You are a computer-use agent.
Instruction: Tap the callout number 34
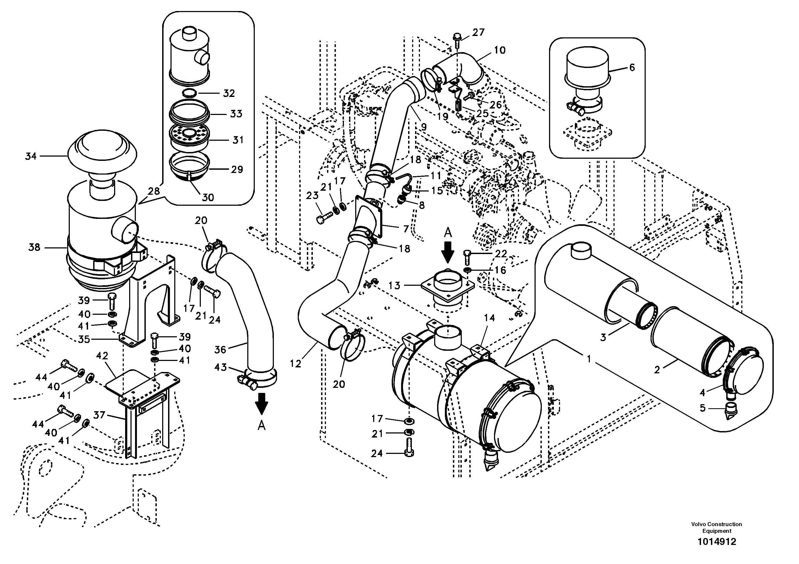pos(31,156)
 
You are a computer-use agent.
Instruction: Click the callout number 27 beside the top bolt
pos(478,32)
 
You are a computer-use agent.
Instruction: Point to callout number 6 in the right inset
pos(632,67)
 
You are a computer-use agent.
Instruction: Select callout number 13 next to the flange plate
pos(394,285)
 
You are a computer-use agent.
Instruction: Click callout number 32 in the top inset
pos(229,93)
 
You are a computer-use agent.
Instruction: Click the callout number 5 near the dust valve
pos(702,408)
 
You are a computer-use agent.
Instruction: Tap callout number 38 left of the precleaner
pos(34,248)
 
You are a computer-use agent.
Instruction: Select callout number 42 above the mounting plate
pos(102,356)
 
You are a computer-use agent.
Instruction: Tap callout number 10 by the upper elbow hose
pos(499,50)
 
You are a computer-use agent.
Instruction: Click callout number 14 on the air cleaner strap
pos(489,318)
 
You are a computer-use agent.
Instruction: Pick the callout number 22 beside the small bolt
pos(500,254)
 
